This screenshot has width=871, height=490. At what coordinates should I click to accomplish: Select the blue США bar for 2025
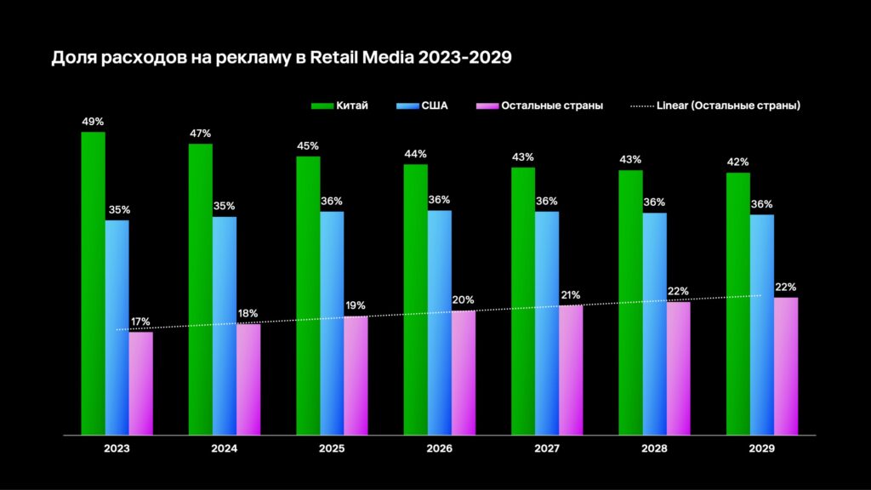coord(332,323)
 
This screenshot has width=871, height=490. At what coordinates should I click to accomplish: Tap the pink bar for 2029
coord(786,366)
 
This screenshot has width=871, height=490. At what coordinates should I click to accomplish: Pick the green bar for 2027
coord(523,301)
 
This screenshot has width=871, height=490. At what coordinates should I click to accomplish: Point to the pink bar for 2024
coord(248,379)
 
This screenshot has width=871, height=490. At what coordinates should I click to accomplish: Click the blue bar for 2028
coord(654,324)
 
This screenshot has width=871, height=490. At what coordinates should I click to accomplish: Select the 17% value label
coord(140,322)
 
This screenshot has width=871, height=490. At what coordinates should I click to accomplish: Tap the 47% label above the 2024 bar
coord(201,134)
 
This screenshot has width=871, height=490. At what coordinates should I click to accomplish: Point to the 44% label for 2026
coord(416,154)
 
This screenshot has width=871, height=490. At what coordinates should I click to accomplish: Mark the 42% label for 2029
coord(738,162)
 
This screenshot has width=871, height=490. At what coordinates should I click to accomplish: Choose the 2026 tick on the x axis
coord(439,448)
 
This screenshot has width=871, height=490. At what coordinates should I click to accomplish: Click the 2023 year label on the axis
coord(117,448)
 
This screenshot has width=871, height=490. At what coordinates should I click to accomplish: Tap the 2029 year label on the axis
coord(762,448)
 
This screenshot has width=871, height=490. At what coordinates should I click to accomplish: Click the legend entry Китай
coord(339,105)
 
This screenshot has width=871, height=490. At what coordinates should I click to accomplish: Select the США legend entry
coord(422,105)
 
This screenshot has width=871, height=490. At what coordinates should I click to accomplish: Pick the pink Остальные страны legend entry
coord(541,105)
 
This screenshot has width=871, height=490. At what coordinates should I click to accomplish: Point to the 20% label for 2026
coord(464,300)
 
